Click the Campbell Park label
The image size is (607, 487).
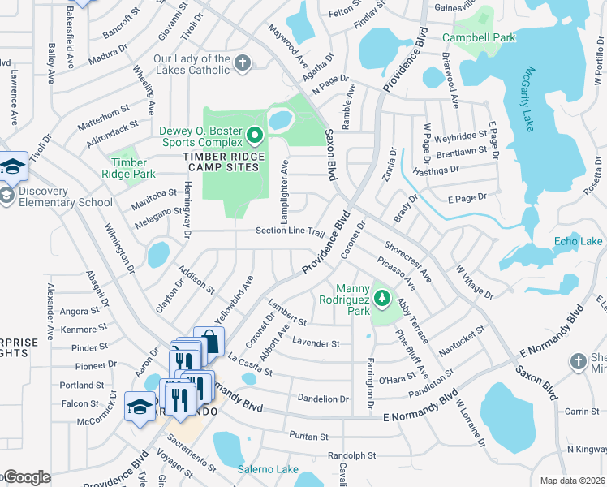coord(479,37)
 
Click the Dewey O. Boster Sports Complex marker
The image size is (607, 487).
coord(255,136)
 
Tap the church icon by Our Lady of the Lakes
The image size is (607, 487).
coord(242,63)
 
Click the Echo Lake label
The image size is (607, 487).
coord(578,241)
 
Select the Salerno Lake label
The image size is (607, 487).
coord(268,469)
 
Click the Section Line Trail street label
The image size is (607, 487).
coord(290,231)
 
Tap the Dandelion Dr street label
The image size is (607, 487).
coord(323,399)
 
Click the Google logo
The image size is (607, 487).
coord(26,477)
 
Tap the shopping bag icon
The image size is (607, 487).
coord(209,342)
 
